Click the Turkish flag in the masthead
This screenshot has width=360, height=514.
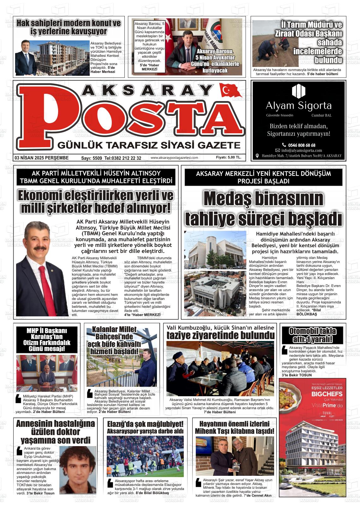tap(230, 91)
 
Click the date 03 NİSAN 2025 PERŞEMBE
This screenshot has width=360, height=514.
tap(41, 158)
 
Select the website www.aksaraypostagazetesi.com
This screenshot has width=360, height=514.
tap(174, 158)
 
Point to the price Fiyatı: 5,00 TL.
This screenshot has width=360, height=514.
tap(229, 158)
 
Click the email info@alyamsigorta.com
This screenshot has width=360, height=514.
tap(301, 151)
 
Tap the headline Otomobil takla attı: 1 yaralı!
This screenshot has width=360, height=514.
tap(312, 335)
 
